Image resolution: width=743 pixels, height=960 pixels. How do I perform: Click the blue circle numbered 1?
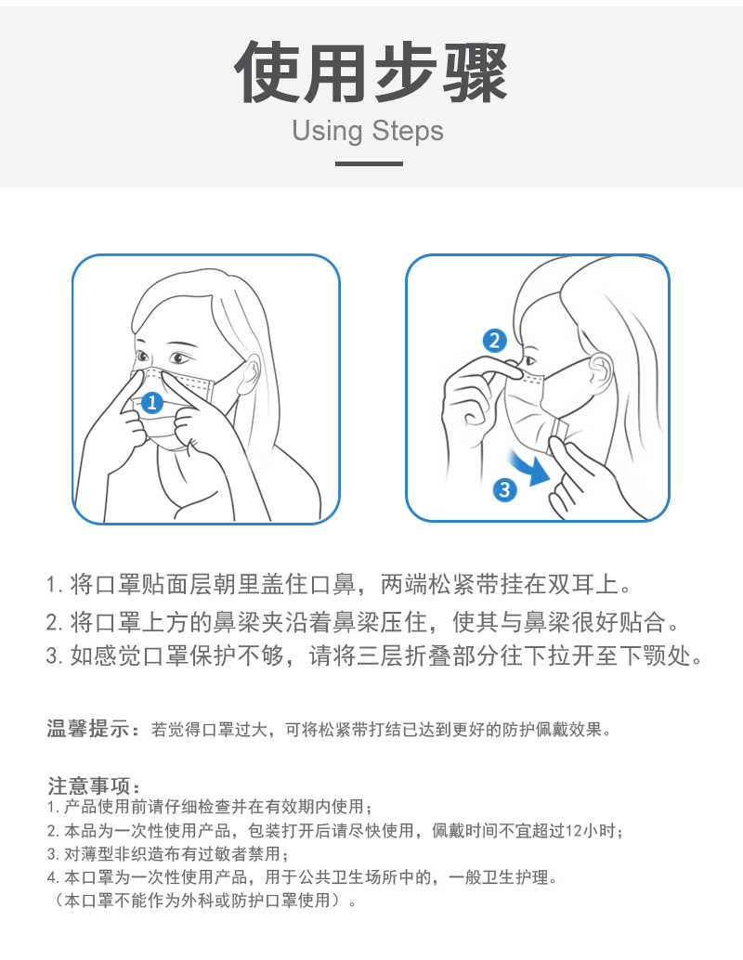152,402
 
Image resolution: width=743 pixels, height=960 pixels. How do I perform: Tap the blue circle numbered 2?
494,341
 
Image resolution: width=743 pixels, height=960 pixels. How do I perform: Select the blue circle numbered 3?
504,489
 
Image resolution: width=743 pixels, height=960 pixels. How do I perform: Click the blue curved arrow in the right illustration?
530,467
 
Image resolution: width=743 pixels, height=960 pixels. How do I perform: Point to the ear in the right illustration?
600,371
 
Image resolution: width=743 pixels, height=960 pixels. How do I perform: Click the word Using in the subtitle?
327,131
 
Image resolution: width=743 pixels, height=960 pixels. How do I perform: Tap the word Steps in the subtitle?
408,131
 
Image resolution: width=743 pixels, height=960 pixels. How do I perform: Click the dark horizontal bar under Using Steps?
369,163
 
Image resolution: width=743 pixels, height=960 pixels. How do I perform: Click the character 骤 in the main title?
475,72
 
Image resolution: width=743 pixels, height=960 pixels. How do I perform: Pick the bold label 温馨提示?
88,729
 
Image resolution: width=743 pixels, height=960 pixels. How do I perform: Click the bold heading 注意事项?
89,785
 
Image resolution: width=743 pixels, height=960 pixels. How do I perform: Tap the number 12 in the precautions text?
574,831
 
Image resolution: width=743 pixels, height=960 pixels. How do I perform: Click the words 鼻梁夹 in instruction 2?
248,622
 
